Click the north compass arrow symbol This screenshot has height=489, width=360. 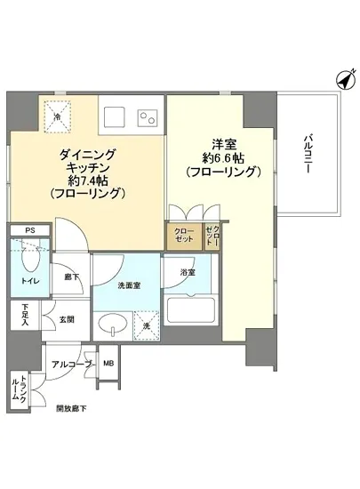[342, 81]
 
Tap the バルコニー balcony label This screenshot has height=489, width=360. [308, 153]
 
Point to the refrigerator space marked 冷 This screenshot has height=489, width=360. [55, 115]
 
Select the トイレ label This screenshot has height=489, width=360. [29, 281]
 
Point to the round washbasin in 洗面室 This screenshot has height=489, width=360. [113, 323]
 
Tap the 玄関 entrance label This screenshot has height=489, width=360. [67, 319]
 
